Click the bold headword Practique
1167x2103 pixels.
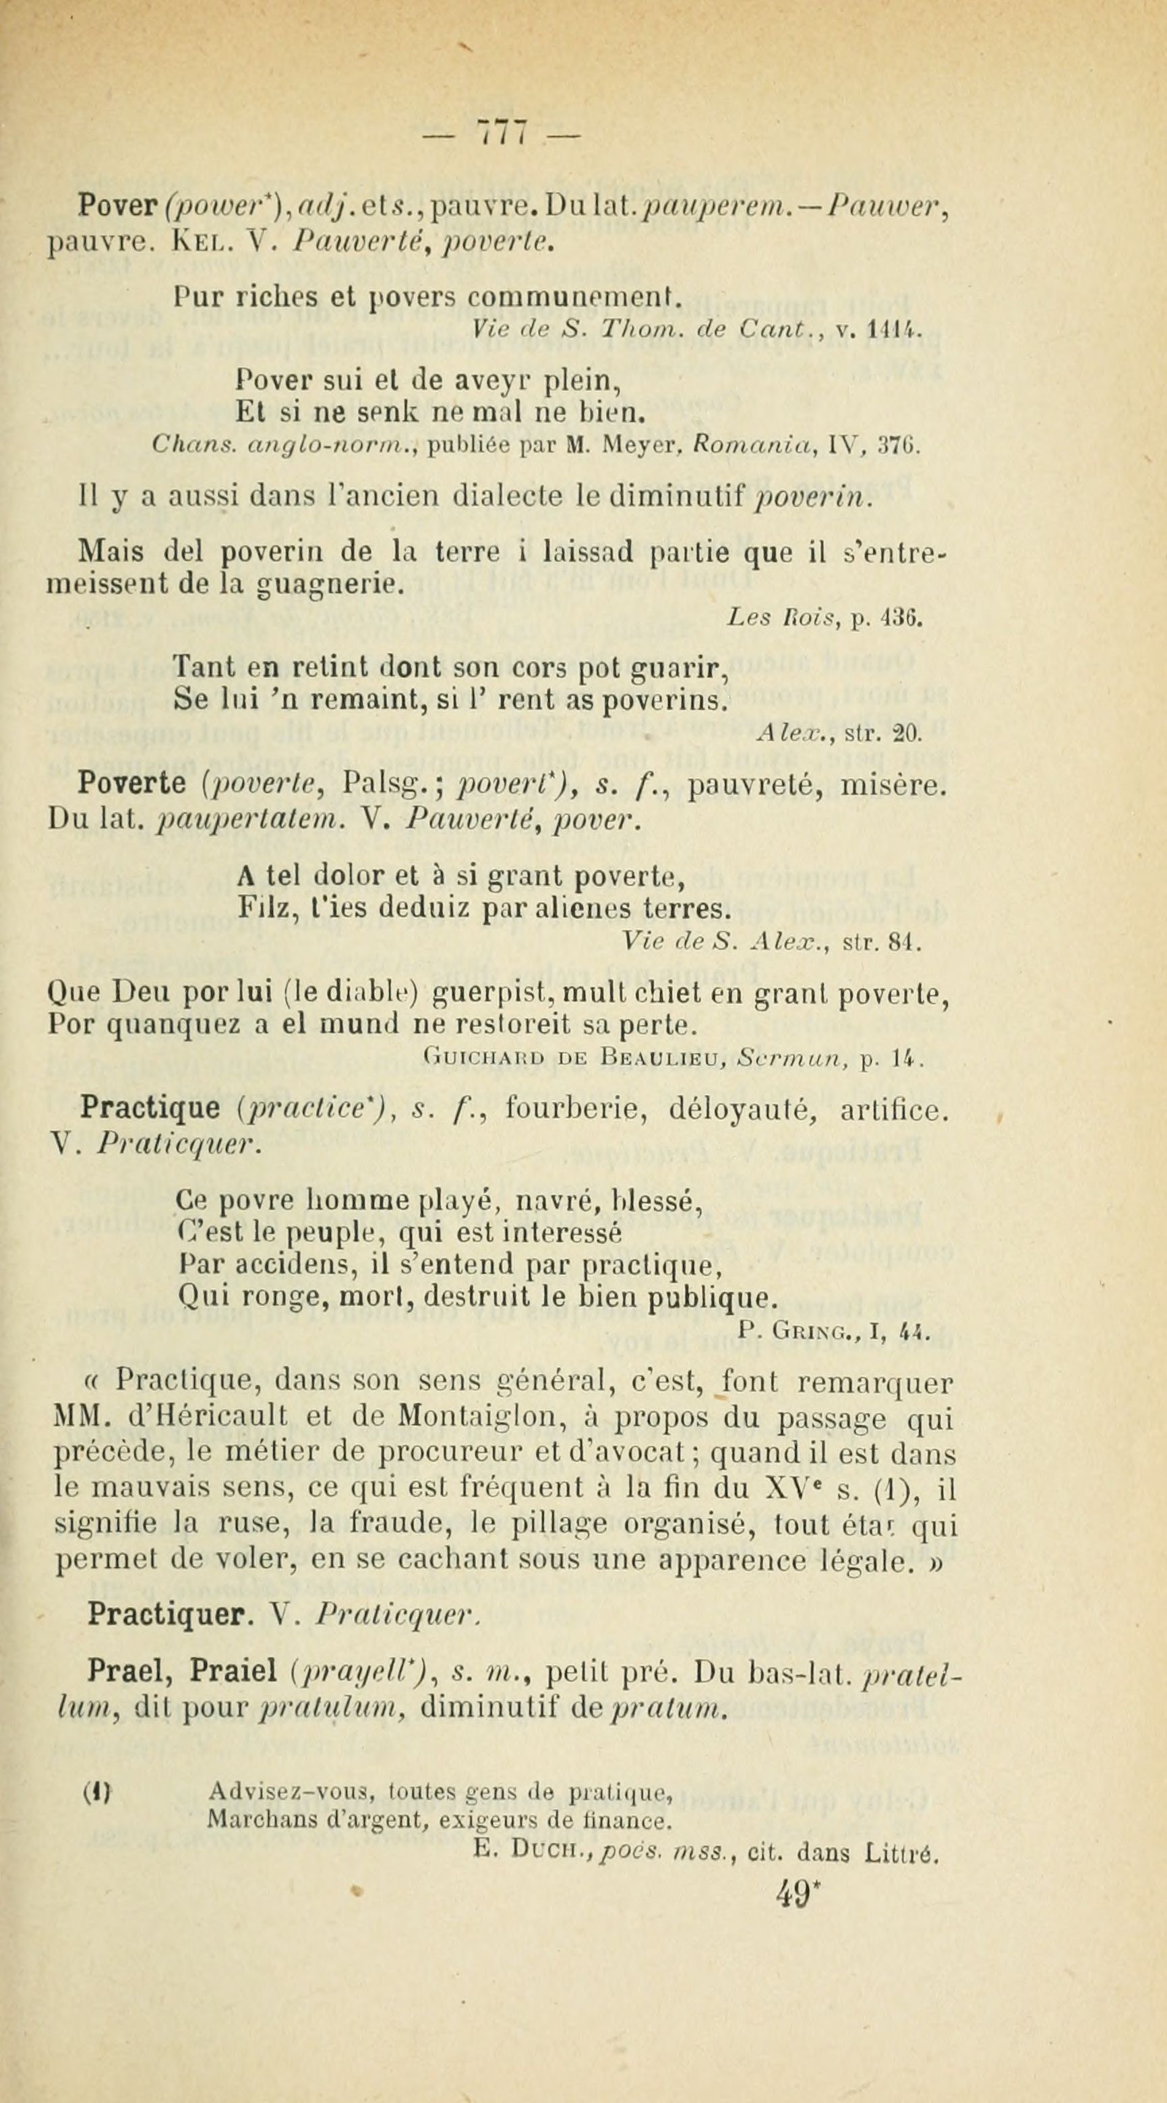[150, 1108]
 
